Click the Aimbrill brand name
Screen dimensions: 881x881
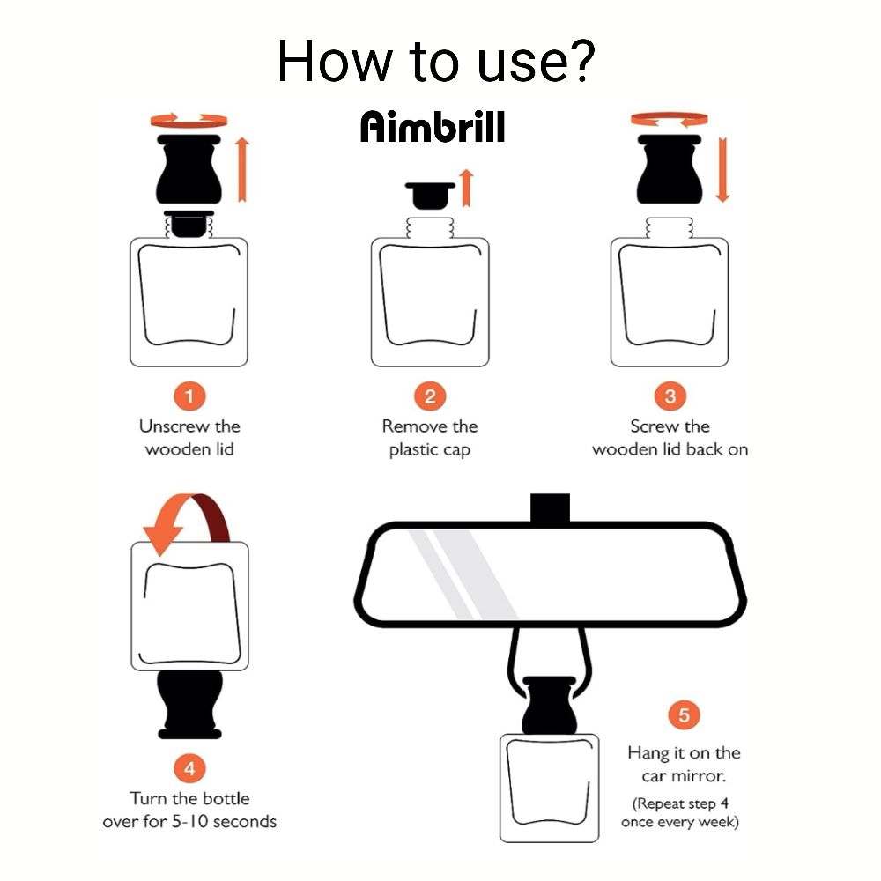433,126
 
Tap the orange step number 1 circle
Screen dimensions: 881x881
189,396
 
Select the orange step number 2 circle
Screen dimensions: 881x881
430,396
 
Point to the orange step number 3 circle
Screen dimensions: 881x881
670,396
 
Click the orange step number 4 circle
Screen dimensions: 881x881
189,768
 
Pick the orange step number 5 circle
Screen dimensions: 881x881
684,714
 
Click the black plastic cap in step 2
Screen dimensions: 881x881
430,196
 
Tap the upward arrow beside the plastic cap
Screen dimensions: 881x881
466,189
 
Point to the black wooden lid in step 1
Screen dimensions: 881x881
189,168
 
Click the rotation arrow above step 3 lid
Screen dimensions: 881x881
670,119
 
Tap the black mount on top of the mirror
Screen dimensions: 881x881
550,508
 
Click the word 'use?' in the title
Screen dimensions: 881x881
535,61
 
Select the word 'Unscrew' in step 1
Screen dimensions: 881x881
174,426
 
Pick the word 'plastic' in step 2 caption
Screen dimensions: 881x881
413,450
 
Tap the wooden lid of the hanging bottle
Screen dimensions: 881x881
549,705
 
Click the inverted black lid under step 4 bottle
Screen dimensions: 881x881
189,705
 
